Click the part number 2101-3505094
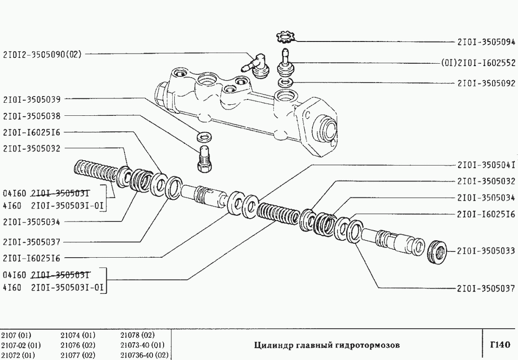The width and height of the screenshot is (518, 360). pyautogui.click(x=486, y=42)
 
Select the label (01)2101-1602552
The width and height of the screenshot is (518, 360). pyautogui.click(x=478, y=63)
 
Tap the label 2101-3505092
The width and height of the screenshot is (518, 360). pyautogui.click(x=486, y=83)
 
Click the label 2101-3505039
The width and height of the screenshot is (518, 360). pyautogui.click(x=32, y=99)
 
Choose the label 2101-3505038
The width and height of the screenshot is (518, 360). pyautogui.click(x=32, y=116)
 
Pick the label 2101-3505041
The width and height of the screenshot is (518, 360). pyautogui.click(x=486, y=165)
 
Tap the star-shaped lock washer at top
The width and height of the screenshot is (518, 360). pyautogui.click(x=286, y=36)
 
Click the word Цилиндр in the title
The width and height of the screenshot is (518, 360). pyautogui.click(x=271, y=345)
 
